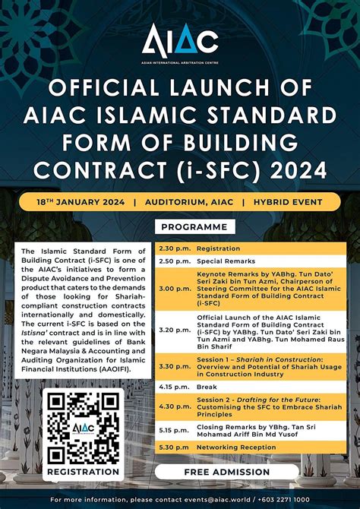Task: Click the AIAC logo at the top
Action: click(x=180, y=37)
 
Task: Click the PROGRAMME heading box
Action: click(x=194, y=226)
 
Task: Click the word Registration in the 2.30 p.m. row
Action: click(x=218, y=248)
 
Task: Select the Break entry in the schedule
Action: click(x=207, y=387)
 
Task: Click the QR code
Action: click(x=84, y=428)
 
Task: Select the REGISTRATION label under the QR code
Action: click(x=84, y=472)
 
